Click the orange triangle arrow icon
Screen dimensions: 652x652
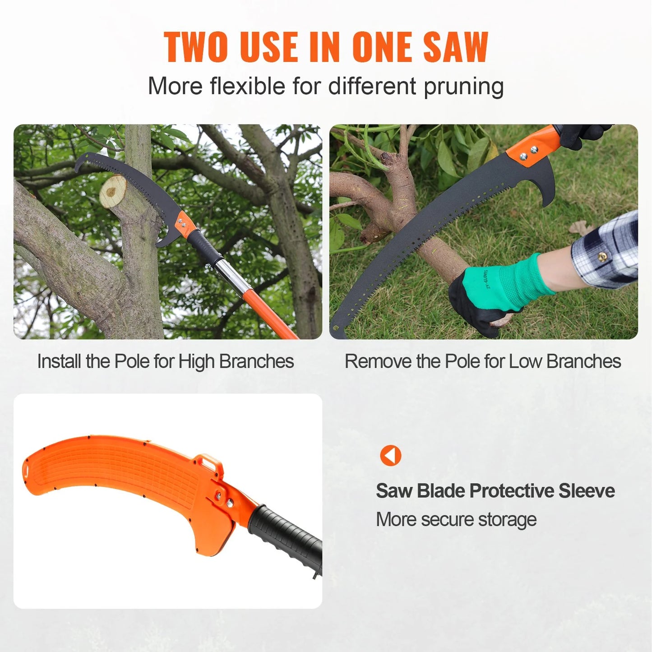(x=390, y=455)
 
